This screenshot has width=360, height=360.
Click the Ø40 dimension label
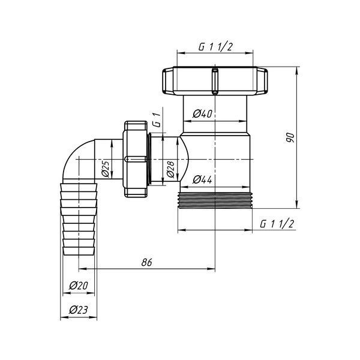point(203,113)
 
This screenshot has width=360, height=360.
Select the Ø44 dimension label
point(203,179)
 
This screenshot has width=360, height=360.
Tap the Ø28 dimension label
point(170,169)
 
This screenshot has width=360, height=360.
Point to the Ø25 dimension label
point(106,169)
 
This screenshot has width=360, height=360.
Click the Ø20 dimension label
point(79,286)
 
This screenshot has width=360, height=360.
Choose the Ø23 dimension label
point(79,310)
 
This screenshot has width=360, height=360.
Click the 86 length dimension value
point(147,262)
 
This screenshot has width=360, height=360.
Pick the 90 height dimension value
point(290,137)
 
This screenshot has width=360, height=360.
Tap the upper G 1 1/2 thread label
point(215,47)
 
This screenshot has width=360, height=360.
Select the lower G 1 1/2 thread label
point(277,224)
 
